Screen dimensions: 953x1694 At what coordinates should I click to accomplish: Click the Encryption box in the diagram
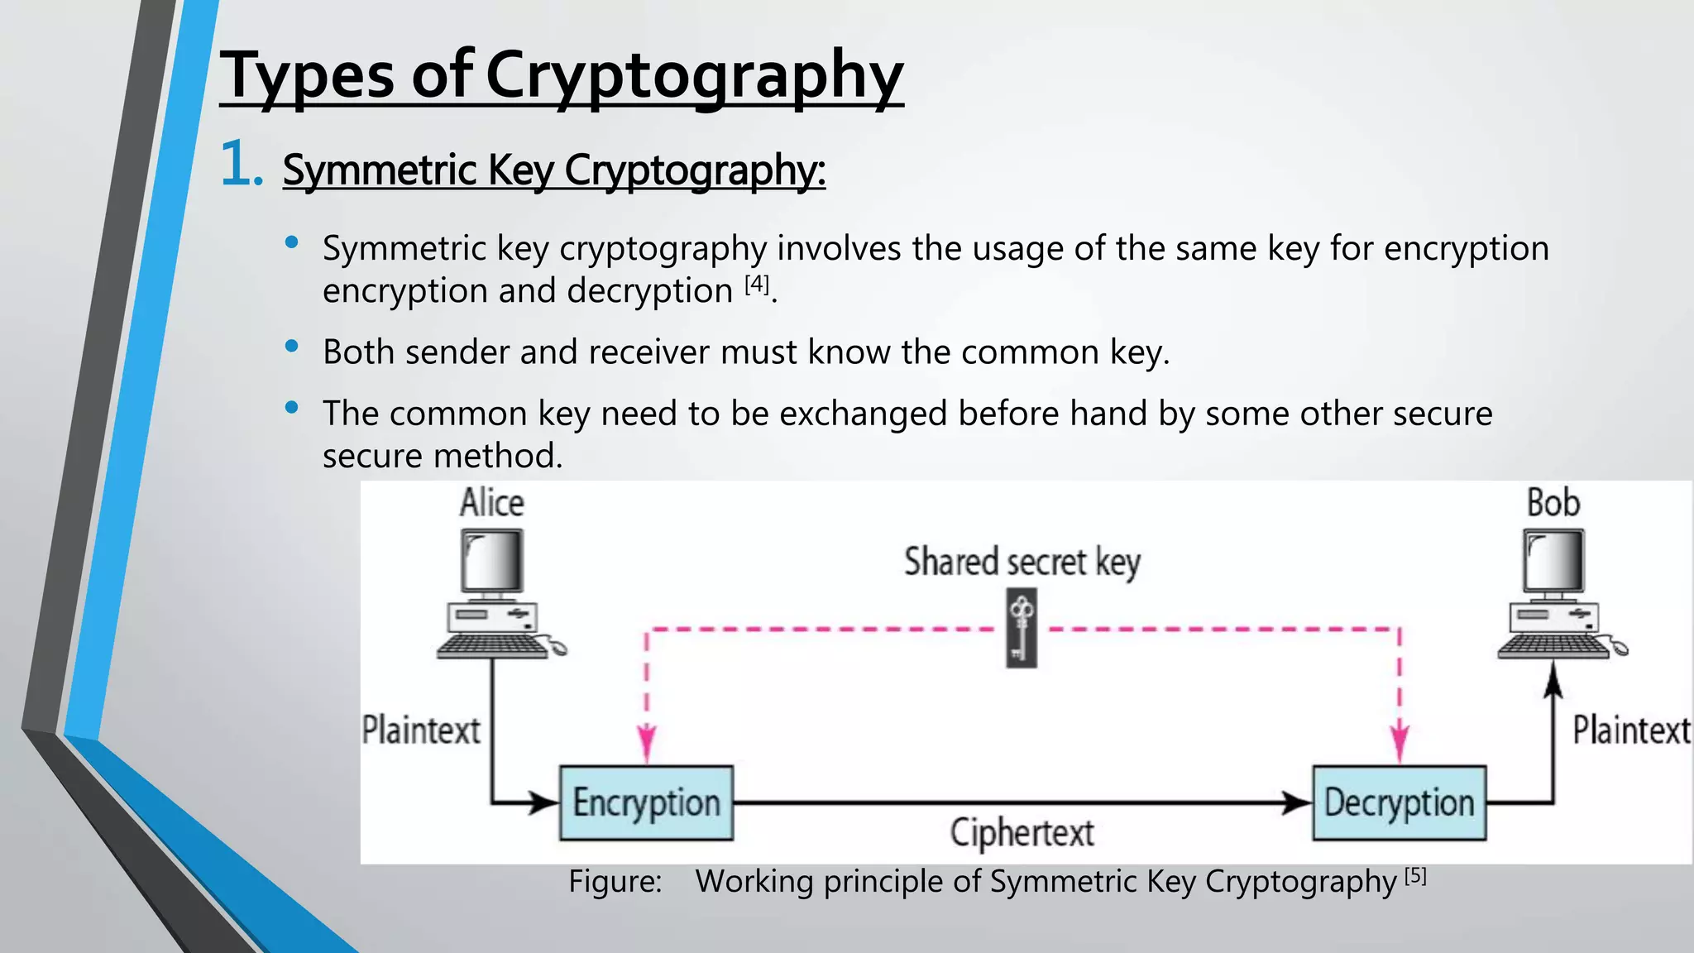pos(646,802)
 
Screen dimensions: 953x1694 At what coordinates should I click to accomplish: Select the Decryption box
pos(1399,802)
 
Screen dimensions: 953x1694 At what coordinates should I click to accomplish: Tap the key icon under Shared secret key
pos(1022,628)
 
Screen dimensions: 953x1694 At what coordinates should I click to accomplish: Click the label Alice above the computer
pos(492,503)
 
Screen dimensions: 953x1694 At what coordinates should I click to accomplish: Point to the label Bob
pos(1553,503)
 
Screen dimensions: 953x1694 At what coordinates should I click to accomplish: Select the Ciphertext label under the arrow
pos(1022,832)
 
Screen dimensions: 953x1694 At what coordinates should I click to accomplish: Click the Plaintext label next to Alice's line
pos(421,730)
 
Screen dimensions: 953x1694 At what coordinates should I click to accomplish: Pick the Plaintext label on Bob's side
pos(1631,730)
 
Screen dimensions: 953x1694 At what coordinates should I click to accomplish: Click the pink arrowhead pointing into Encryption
pos(647,742)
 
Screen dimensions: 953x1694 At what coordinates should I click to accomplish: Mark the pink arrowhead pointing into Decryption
pos(1400,742)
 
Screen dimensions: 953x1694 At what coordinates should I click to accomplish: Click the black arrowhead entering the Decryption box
pos(1296,802)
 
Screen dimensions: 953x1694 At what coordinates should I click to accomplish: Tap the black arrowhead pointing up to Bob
pos(1553,683)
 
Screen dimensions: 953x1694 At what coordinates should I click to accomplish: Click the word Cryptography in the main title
pos(694,76)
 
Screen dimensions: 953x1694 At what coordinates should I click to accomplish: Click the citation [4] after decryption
pos(757,285)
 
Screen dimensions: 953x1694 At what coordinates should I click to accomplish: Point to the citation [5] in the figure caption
pos(1415,876)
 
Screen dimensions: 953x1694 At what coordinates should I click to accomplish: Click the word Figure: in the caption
pos(615,882)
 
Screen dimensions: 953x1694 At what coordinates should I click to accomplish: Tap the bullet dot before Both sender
pos(291,347)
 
